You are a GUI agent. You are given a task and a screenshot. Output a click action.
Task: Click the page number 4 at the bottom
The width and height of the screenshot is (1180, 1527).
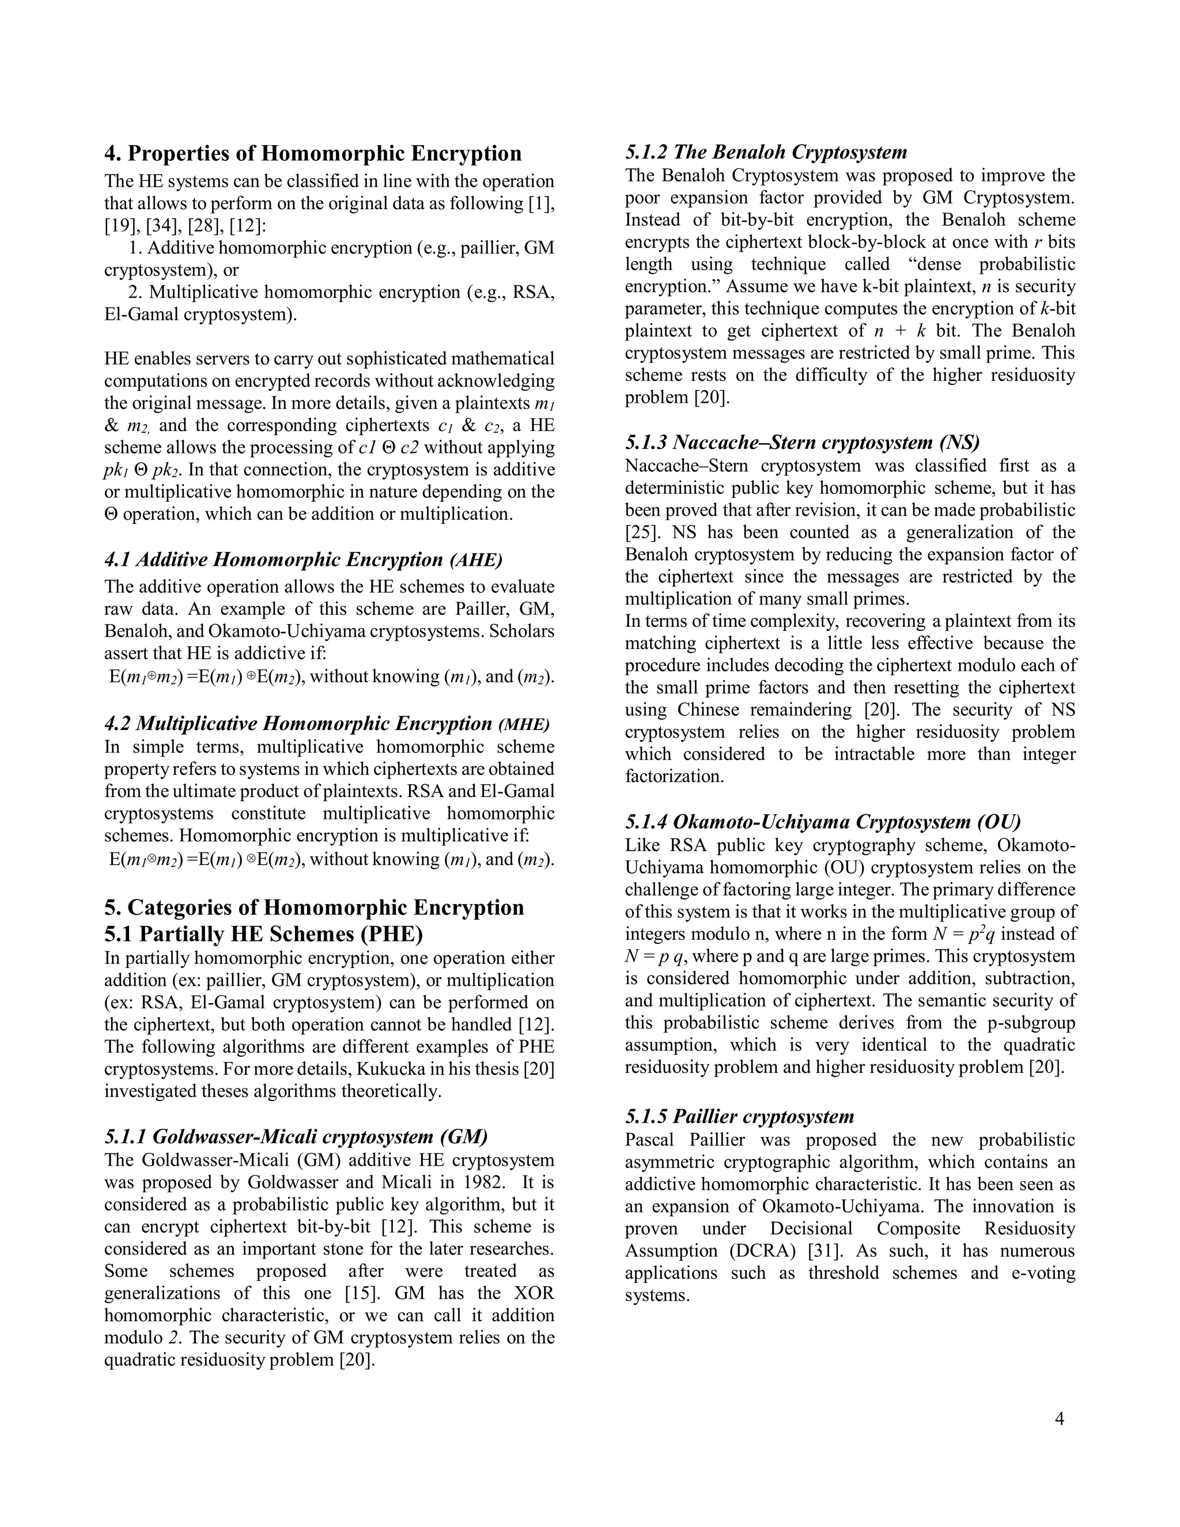pyautogui.click(x=1059, y=1419)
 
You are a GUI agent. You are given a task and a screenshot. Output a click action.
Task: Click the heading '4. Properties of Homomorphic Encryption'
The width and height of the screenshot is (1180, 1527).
pyautogui.click(x=312, y=153)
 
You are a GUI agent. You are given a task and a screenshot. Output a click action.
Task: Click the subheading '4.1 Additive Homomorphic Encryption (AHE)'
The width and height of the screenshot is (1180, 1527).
pyautogui.click(x=304, y=560)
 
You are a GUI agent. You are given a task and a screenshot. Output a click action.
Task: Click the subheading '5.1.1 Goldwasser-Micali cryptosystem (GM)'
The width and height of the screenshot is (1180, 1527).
pyautogui.click(x=296, y=1136)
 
